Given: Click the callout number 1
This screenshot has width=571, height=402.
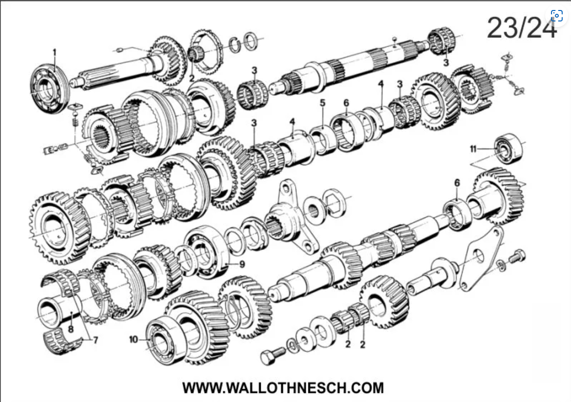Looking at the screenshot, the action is pos(55,53).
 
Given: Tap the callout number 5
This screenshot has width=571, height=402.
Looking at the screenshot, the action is pos(323,103).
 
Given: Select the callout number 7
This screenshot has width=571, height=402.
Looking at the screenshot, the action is pos(96,340).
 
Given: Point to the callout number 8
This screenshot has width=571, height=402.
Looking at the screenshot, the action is pos(71,329).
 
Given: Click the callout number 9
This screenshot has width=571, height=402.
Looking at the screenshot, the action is pos(243,264).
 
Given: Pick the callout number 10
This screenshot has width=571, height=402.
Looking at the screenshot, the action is pos(133,340).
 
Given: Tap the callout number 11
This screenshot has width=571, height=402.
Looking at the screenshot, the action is pos(473,149).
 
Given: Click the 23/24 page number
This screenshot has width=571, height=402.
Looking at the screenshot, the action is pos(522,28).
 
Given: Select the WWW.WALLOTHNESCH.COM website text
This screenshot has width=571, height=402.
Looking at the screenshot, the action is pos(283,387).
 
